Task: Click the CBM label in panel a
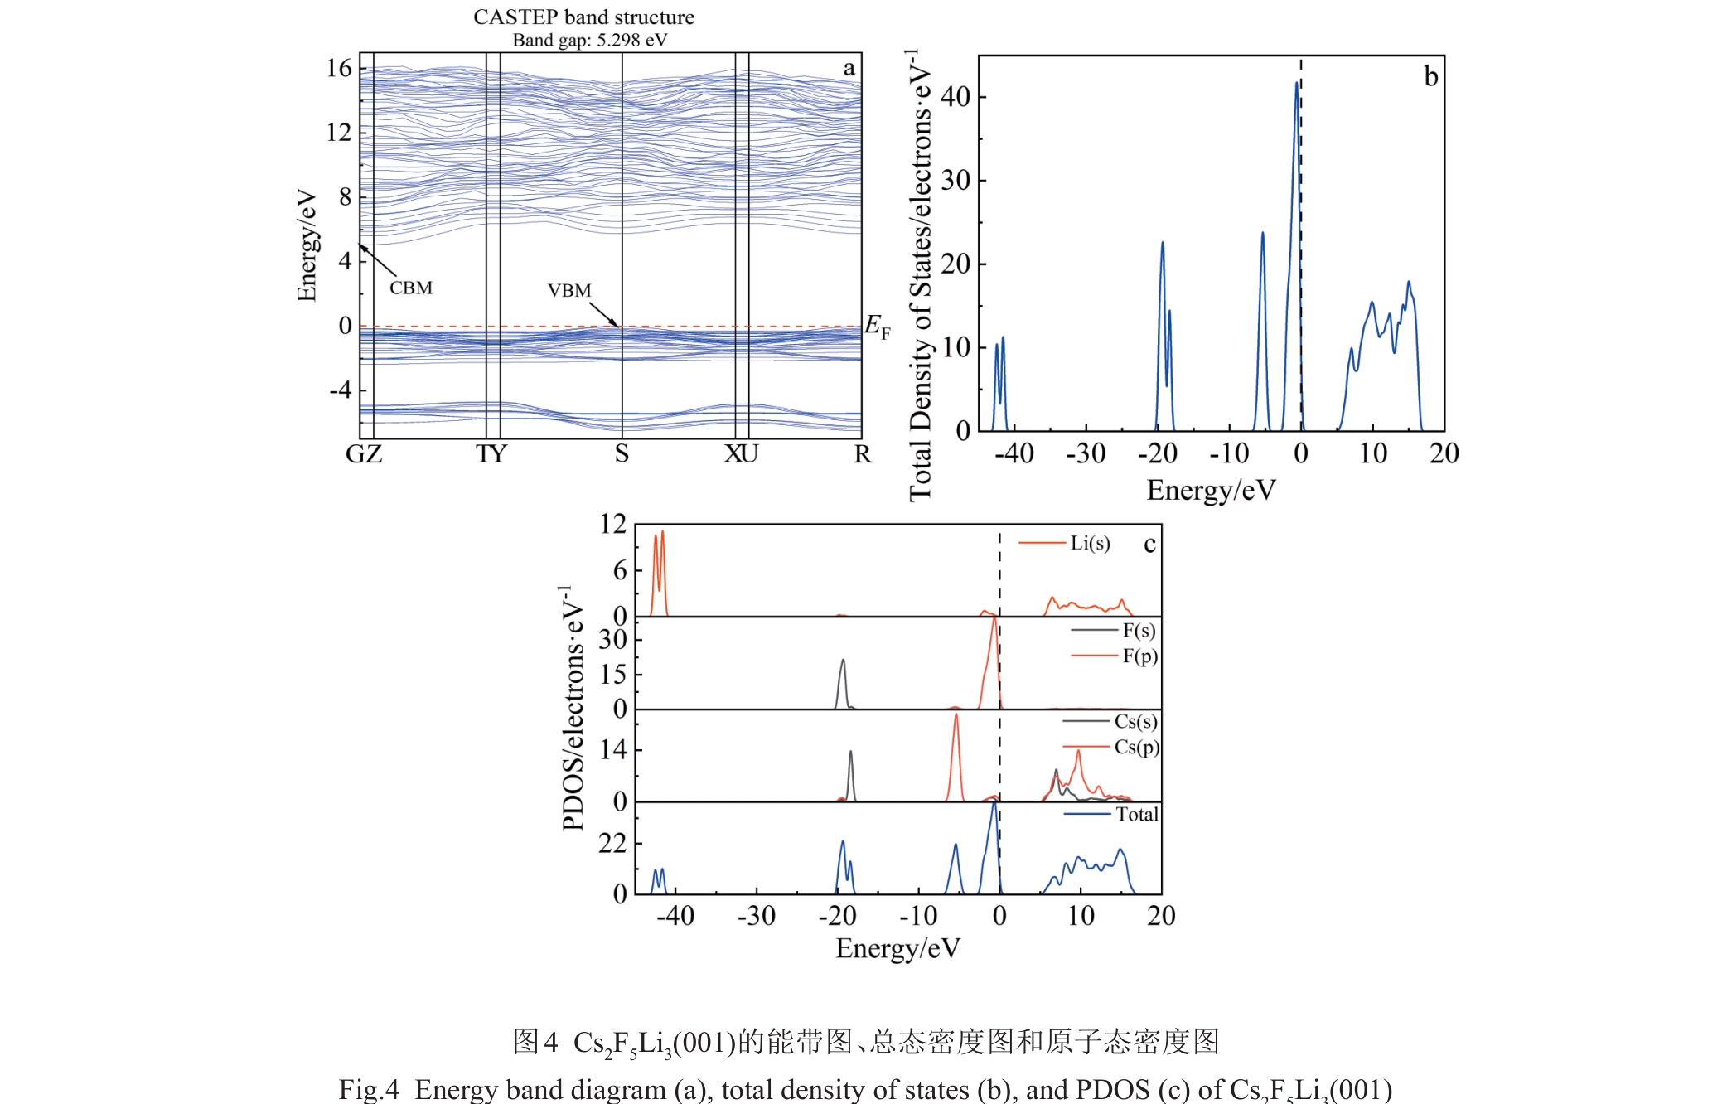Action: coord(411,288)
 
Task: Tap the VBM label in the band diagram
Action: coord(569,291)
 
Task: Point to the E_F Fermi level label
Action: coord(877,327)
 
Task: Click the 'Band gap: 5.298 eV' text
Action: coord(589,40)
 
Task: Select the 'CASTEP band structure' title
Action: coord(583,17)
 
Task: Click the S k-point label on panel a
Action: coord(622,454)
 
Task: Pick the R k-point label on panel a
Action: coord(863,454)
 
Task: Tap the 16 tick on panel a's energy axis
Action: coord(339,68)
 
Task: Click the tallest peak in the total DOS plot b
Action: coord(1297,83)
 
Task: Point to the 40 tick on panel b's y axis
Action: coord(956,97)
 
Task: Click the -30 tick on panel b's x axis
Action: coord(1086,453)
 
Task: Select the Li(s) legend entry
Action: coord(1089,543)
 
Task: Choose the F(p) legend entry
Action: coord(1139,656)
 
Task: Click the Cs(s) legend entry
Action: coord(1135,721)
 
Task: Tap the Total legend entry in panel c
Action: coord(1136,815)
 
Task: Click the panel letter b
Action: coord(1430,77)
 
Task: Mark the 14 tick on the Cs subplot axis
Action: coord(612,750)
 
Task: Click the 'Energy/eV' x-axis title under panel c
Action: coord(897,948)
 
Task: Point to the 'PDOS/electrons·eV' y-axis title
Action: coord(572,709)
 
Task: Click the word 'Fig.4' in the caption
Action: coord(369,1089)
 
